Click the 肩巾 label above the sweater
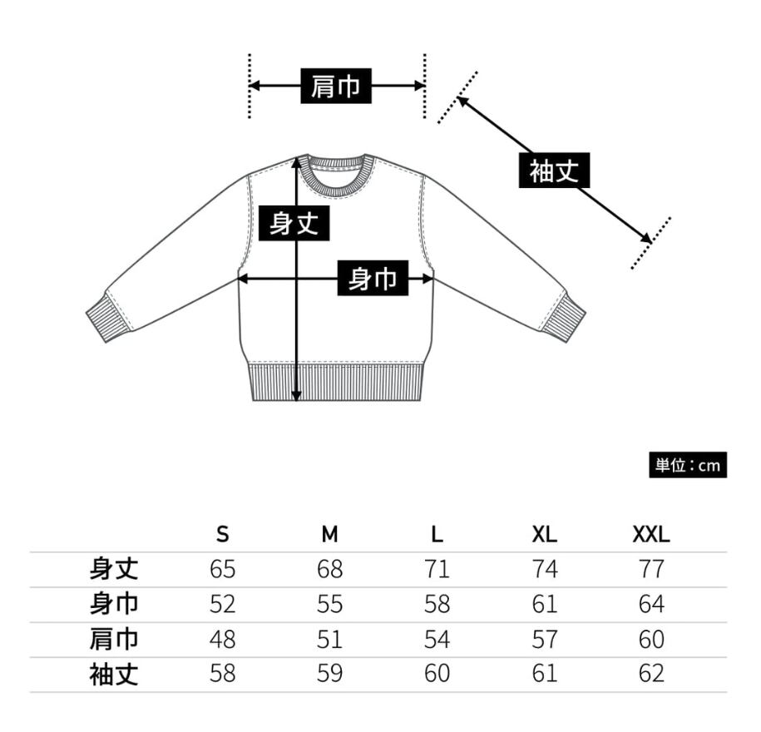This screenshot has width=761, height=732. [336, 86]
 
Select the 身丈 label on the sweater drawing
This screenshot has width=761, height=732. [294, 223]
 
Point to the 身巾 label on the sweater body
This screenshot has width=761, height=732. [373, 279]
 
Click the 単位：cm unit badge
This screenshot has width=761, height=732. [687, 465]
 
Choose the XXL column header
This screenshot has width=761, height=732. [651, 534]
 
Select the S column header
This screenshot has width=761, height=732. [223, 534]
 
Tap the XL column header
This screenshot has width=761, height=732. [545, 534]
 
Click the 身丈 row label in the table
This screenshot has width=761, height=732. [113, 569]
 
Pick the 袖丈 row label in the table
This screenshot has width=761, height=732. [113, 674]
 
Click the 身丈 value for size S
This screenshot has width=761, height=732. [223, 569]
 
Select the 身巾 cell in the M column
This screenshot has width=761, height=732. [330, 604]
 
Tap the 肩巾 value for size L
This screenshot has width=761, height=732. [437, 639]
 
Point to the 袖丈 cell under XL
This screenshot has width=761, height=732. [545, 674]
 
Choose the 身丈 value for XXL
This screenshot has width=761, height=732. [651, 569]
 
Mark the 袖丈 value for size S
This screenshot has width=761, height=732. [223, 674]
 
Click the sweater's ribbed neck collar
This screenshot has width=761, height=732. [337, 176]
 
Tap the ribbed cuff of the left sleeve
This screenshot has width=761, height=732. [107, 317]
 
